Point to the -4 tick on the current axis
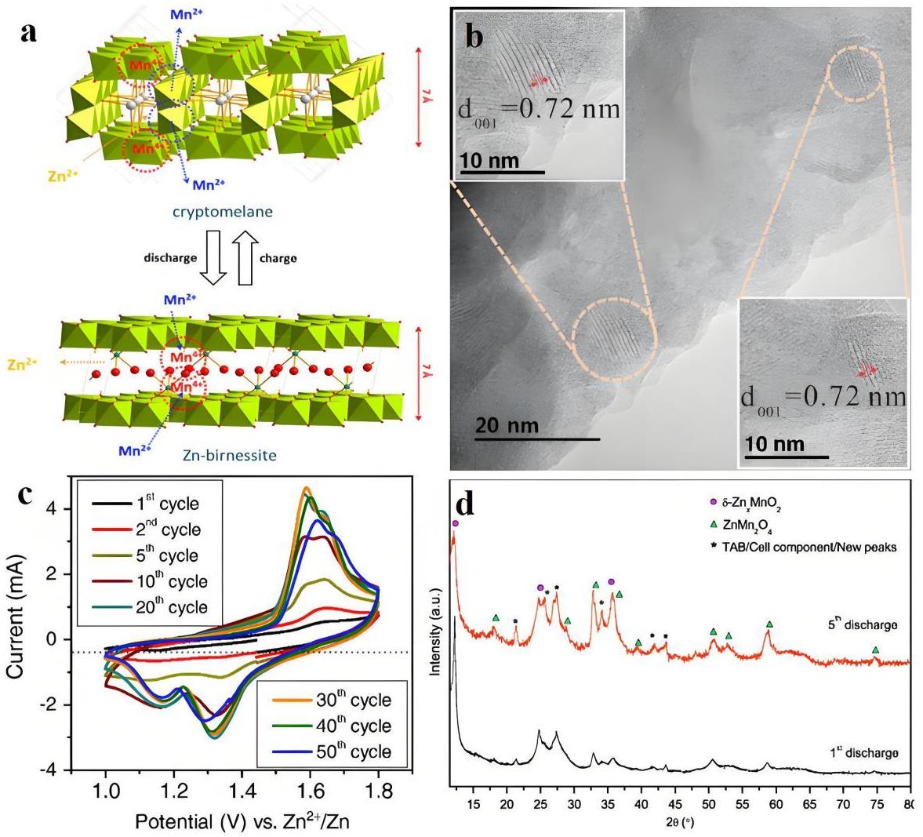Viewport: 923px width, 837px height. click(x=51, y=771)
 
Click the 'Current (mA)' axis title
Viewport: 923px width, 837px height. click(x=17, y=624)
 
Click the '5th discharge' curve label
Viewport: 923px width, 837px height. click(x=860, y=624)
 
